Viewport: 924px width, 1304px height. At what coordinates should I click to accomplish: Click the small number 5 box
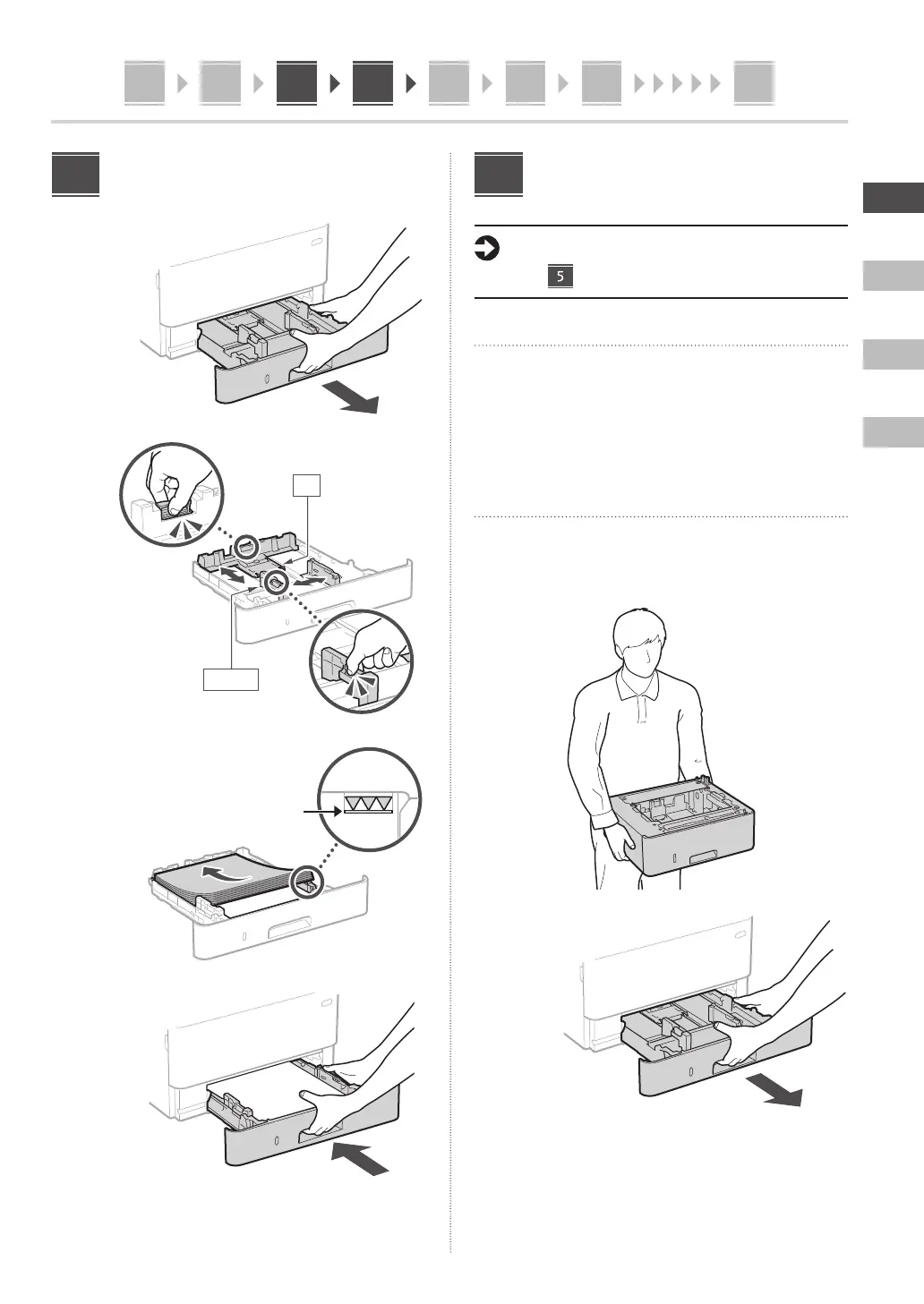pyautogui.click(x=560, y=276)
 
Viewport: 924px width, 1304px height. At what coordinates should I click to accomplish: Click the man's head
pyautogui.click(x=639, y=645)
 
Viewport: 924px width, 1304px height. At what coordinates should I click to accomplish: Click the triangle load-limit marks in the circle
pyautogui.click(x=368, y=805)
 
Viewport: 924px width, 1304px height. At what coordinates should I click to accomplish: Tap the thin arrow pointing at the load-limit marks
pyautogui.click(x=322, y=811)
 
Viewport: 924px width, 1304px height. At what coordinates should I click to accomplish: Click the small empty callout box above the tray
pyautogui.click(x=306, y=485)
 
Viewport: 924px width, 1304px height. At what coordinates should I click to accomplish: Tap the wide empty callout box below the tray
pyautogui.click(x=231, y=679)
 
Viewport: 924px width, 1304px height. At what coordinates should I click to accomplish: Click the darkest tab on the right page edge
pyautogui.click(x=893, y=197)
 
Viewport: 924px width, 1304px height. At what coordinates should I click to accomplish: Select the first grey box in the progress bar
pyautogui.click(x=144, y=83)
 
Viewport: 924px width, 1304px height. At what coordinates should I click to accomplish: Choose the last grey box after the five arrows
pyautogui.click(x=753, y=83)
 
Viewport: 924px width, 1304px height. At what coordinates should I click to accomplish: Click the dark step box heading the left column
pyautogui.click(x=75, y=175)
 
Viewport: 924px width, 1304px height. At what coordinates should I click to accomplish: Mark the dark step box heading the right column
pyautogui.click(x=498, y=175)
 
